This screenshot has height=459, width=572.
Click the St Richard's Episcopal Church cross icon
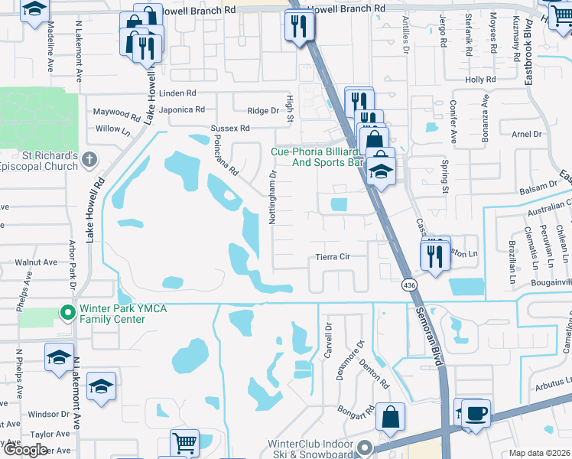89,160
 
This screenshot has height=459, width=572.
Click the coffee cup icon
476,413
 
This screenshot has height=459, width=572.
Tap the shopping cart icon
184,443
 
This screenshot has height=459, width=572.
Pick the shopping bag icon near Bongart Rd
390,418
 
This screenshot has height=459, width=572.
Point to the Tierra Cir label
333,257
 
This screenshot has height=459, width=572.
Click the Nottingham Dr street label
272,197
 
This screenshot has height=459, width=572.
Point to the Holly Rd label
480,80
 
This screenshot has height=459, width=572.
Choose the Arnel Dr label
526,134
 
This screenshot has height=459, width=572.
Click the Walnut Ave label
36,262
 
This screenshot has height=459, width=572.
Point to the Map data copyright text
539,453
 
